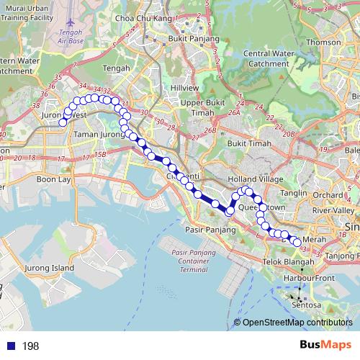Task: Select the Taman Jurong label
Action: click(x=99, y=134)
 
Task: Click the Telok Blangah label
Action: click(x=286, y=262)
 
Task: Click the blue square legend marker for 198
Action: click(x=10, y=346)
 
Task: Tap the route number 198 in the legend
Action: click(x=30, y=346)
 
